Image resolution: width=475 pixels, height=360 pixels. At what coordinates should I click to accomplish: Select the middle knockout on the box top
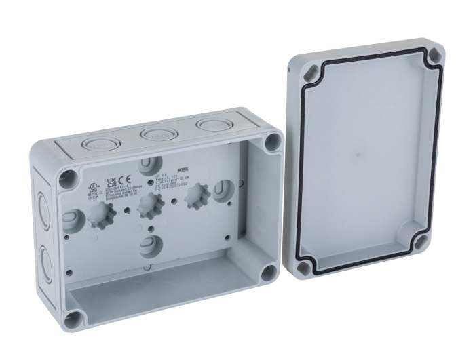pyautogui.click(x=154, y=134)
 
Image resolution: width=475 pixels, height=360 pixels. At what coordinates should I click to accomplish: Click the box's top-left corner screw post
pyautogui.click(x=66, y=177)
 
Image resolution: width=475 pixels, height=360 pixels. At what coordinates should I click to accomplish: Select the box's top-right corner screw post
pyautogui.click(x=272, y=141)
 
